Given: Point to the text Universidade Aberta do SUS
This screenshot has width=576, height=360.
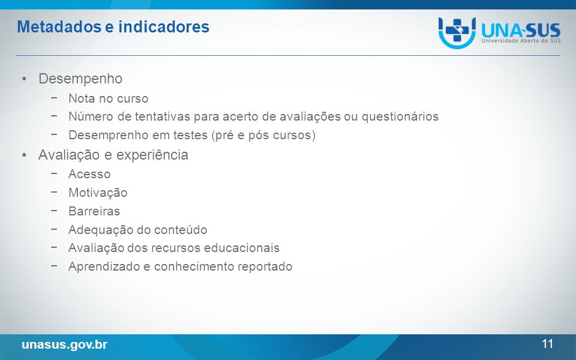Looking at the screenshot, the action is [x=521, y=40].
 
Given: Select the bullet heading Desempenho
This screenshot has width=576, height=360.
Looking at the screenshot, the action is [x=80, y=79].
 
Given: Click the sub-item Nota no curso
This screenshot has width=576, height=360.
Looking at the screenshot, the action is [x=109, y=98].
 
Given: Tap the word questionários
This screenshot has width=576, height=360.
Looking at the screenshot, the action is [x=400, y=117].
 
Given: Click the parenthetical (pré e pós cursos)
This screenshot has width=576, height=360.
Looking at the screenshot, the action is [x=263, y=135].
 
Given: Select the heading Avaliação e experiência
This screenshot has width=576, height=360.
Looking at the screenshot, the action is [x=113, y=155].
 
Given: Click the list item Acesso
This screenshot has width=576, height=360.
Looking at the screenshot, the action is [x=89, y=174].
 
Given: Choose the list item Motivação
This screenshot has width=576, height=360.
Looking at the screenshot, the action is [x=98, y=193].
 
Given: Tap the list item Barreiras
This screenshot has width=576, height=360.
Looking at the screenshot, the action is [x=94, y=211].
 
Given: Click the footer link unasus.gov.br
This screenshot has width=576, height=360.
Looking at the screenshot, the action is [x=65, y=344].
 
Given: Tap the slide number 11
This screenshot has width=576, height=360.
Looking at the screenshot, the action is [x=547, y=344].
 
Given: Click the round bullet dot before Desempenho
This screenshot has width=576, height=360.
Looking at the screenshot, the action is [x=24, y=79].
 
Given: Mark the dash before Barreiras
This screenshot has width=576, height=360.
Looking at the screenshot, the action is [x=54, y=211].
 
